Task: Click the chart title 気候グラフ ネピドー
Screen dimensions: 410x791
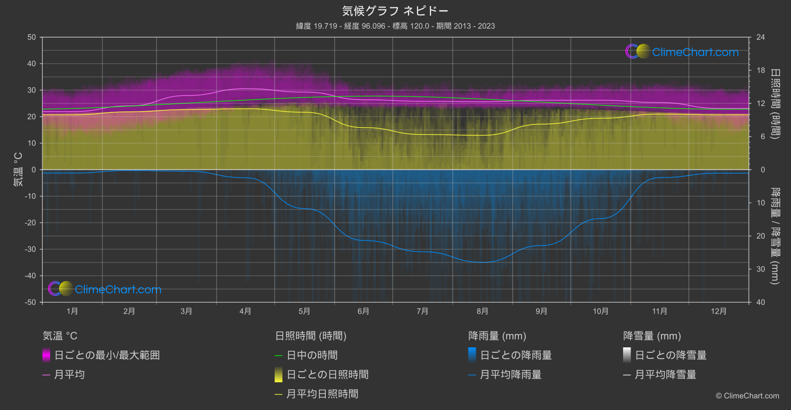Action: click(395, 11)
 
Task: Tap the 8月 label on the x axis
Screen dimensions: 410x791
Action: click(482, 312)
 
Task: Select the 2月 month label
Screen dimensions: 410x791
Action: click(129, 312)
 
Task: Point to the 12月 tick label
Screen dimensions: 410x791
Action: click(719, 312)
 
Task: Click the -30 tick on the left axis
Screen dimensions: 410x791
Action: click(30, 249)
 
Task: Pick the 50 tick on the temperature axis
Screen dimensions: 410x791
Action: click(32, 37)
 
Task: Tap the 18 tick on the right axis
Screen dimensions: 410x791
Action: click(761, 71)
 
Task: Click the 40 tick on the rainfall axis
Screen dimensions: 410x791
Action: click(761, 302)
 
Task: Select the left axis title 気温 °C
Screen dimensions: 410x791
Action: click(18, 169)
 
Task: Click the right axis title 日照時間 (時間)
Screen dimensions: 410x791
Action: click(775, 103)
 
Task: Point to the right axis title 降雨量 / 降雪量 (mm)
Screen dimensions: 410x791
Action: click(775, 236)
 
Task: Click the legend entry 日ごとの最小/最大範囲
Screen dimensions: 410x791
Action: click(107, 355)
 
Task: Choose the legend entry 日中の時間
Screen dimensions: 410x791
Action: click(312, 355)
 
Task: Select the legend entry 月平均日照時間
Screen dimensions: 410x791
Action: click(322, 394)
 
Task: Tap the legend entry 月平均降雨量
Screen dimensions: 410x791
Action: click(510, 375)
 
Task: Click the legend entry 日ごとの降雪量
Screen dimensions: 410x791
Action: click(670, 355)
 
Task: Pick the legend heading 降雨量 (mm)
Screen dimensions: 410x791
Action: click(497, 336)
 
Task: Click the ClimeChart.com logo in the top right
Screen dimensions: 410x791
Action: click(682, 52)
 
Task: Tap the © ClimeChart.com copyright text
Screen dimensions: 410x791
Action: click(747, 396)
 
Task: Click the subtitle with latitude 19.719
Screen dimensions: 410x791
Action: click(395, 26)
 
